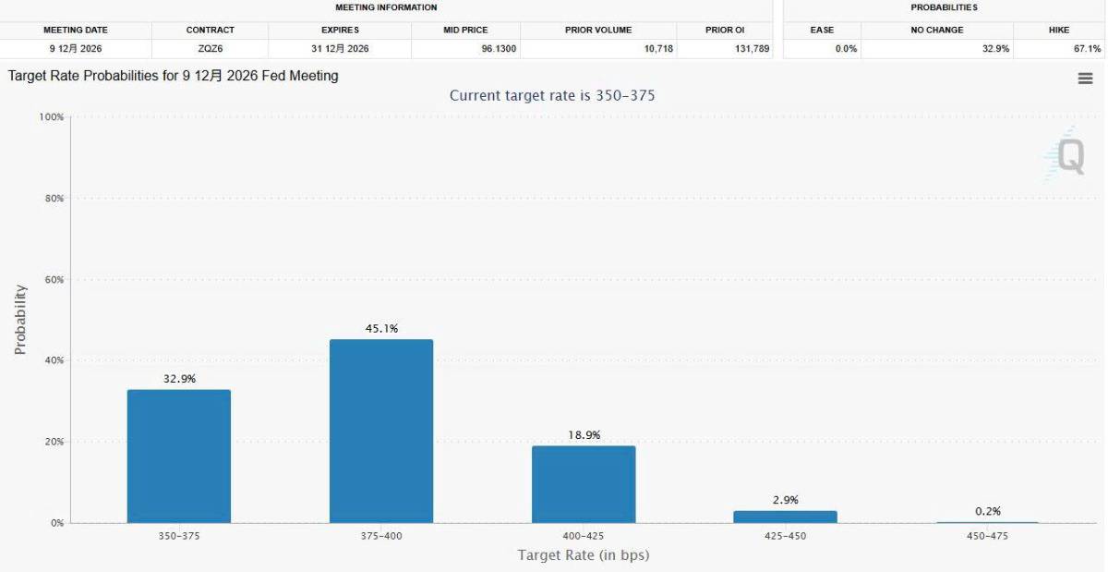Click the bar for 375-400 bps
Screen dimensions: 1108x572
[381, 431]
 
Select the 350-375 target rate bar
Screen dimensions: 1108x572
[179, 456]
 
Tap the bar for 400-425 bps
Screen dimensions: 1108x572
[584, 484]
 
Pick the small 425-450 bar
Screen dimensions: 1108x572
[786, 517]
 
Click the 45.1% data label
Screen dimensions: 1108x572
[381, 328]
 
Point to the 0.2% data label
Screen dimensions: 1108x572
[988, 511]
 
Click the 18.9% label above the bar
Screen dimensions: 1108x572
[584, 435]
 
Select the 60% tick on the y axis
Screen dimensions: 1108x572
[54, 279]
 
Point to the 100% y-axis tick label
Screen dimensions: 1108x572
[52, 116]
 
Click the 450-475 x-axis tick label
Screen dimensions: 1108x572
[987, 536]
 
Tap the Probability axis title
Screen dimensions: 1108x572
[19, 320]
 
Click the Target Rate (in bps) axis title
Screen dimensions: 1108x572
[584, 555]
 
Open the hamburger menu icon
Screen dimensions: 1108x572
[1085, 79]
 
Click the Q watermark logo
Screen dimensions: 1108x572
[1068, 155]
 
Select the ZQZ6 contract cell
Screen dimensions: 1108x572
[211, 49]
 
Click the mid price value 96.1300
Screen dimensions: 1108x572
[499, 49]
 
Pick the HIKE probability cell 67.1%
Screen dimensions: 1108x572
[1087, 49]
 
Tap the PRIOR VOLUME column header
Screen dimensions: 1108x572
[598, 30]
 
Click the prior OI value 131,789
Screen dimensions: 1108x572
[752, 49]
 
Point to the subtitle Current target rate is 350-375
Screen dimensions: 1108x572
[552, 95]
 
